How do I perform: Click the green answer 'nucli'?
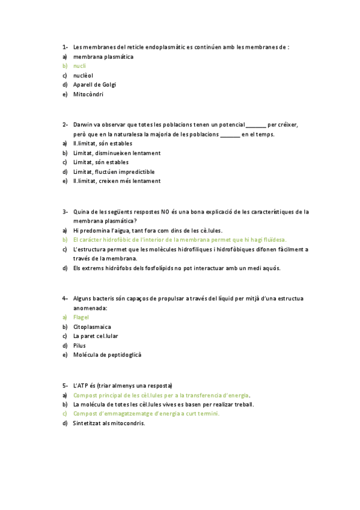pos(79,66)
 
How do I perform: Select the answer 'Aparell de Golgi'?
pos(94,85)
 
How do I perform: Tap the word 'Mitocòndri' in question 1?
pos(88,94)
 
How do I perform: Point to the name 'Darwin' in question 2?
pos(83,125)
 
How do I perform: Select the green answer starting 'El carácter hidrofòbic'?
pos(180,239)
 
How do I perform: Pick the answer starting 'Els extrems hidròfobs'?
pos(177,268)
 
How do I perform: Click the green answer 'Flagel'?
pos(81,317)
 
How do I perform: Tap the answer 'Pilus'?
pos(79,345)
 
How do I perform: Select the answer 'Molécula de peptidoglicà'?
pos(107,355)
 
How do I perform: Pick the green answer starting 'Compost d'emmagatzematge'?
pos(146,414)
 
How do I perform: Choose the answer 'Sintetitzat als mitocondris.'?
pos(109,423)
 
